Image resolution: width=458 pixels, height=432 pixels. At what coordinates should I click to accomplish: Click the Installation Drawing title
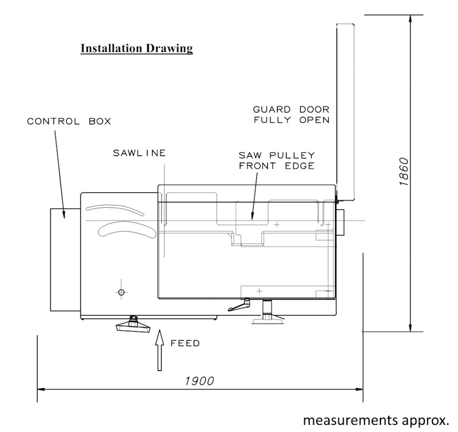[x=137, y=48]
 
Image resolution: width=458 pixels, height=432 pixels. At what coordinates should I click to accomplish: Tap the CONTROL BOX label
[x=69, y=121]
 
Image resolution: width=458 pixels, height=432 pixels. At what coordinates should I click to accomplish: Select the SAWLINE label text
[x=140, y=153]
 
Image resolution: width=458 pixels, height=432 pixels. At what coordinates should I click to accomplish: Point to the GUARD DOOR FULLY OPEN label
[x=291, y=115]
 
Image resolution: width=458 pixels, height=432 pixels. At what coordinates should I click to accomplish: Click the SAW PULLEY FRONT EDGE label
[x=276, y=160]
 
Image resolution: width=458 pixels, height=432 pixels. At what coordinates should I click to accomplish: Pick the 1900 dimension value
[x=199, y=381]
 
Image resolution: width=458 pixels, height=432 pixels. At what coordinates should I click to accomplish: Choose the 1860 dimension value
[x=403, y=171]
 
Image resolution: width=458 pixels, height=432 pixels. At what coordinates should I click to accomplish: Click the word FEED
[x=185, y=343]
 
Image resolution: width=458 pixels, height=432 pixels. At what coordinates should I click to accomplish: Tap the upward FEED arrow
[x=160, y=350]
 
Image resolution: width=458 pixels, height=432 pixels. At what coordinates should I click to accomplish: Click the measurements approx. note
[x=376, y=420]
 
